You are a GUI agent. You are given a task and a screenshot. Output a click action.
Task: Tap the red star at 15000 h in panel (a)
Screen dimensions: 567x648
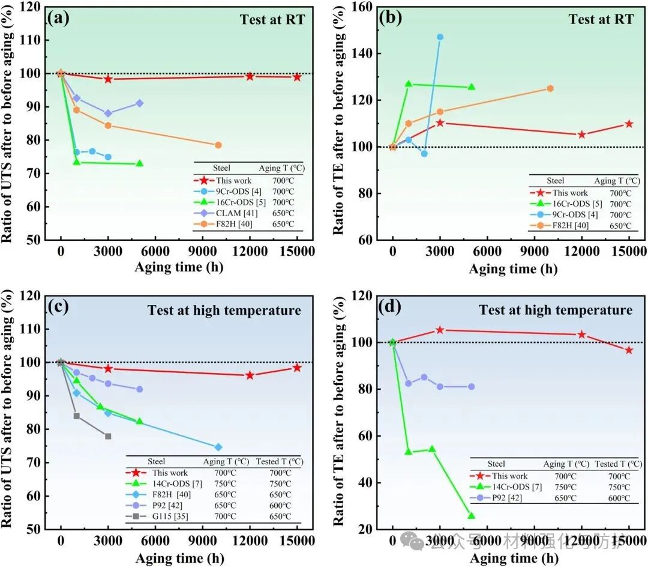[297, 77]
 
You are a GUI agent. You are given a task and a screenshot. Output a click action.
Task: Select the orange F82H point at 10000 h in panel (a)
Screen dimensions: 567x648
[218, 145]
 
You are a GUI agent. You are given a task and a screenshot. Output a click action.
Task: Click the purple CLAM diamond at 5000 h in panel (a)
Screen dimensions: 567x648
[139, 103]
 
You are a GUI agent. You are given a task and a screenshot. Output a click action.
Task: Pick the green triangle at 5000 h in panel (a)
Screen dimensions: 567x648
[139, 163]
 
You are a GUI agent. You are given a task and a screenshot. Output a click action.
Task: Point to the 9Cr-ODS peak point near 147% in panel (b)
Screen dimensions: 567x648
[440, 37]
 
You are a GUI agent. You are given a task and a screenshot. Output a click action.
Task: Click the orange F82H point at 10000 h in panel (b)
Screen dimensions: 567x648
[550, 88]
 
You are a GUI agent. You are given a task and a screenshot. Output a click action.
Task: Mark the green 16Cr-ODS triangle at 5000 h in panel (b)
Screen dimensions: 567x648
[472, 87]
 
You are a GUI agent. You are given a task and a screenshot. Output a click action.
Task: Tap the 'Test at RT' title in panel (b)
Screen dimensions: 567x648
[601, 19]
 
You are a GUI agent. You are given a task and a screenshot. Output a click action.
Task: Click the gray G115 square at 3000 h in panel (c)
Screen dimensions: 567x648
[108, 436]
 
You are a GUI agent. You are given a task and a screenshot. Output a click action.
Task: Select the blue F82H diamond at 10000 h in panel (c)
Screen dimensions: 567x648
[218, 447]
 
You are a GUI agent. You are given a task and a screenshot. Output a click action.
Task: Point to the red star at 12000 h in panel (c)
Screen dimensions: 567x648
[250, 375]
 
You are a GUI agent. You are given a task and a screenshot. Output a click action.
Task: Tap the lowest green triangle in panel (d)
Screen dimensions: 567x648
[472, 516]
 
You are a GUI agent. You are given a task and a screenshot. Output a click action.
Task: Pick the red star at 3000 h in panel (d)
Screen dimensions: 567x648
[440, 330]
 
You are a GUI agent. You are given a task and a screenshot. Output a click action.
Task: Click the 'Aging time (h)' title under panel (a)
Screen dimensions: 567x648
[179, 267]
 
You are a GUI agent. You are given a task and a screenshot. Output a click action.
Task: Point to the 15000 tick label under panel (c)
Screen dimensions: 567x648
[297, 540]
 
